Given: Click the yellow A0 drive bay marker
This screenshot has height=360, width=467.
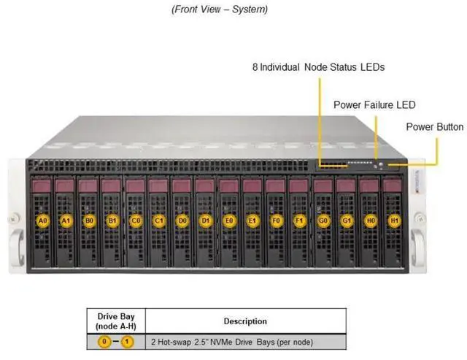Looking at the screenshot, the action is (43, 221).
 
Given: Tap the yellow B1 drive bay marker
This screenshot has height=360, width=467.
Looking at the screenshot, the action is (112, 221).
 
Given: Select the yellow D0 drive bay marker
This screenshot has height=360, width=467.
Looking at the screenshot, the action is (182, 221).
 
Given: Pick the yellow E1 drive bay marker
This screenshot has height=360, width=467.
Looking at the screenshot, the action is (252, 221).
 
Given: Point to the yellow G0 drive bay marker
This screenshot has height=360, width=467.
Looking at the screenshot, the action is (323, 221).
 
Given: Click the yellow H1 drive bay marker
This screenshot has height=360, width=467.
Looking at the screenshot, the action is (394, 221).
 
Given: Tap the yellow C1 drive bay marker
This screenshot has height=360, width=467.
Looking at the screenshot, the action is (159, 221).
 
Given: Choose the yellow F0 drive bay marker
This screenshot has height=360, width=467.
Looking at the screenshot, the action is (276, 221).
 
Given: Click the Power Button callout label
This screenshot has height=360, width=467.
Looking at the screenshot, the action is (435, 127).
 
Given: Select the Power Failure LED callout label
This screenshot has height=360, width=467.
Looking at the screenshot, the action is (374, 105).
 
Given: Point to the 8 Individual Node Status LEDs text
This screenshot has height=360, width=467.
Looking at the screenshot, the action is (318, 67).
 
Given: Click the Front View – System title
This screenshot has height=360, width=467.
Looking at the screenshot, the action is (220, 9).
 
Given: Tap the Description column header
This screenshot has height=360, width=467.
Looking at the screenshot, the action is (245, 321).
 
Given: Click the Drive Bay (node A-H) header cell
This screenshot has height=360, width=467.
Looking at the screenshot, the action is (116, 321).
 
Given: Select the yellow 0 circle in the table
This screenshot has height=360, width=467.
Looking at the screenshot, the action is (104, 342).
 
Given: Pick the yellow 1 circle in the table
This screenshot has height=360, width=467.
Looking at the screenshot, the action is (127, 342).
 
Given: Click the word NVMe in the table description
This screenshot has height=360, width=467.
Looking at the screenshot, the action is (221, 342).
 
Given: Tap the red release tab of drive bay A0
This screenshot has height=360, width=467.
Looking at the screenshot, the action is (42, 186).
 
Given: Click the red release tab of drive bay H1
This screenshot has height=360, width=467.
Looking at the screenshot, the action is (392, 186).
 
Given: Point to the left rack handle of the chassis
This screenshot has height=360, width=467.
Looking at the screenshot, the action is (18, 247).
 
